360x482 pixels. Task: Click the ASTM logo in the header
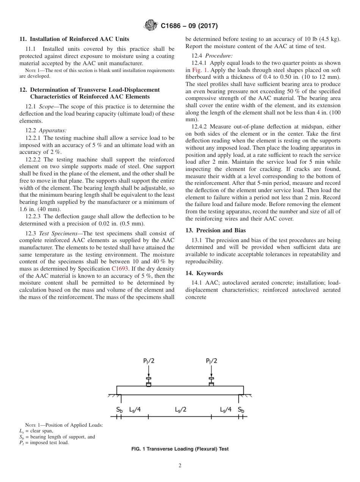(x=152, y=26)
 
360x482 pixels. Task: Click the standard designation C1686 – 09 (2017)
(x=189, y=26)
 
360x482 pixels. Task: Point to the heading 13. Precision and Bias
(x=216, y=230)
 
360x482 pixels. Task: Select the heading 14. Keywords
(x=204, y=273)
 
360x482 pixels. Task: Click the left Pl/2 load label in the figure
(x=149, y=361)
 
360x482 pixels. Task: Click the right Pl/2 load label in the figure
(x=211, y=361)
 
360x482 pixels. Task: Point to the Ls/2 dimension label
(x=180, y=410)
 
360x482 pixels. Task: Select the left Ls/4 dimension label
(x=135, y=410)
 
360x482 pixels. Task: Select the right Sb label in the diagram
(x=241, y=410)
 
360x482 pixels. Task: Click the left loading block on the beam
(x=149, y=384)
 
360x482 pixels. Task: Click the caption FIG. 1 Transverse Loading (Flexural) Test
(x=180, y=449)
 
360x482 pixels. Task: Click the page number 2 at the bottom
(x=180, y=466)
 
